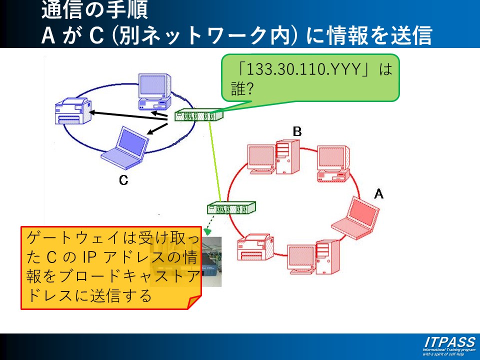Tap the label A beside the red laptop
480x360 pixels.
[x=379, y=193]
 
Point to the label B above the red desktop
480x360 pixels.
[x=297, y=131]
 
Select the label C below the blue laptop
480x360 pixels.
[x=123, y=180]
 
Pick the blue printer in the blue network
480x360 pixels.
[x=73, y=111]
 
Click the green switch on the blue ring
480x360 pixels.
[x=198, y=116]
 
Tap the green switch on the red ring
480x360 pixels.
[x=231, y=207]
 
